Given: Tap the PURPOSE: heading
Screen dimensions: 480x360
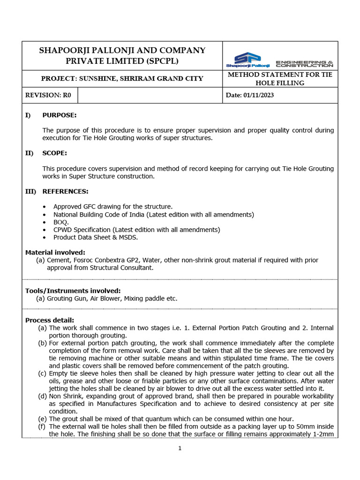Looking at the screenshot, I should [x=60, y=115].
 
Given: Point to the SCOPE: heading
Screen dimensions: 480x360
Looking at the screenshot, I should [x=54, y=153].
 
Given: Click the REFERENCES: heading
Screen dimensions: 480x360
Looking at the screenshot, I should [x=65, y=191].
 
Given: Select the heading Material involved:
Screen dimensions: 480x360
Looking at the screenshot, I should [x=55, y=252].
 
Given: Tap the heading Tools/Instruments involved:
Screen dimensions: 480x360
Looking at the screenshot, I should [x=73, y=291].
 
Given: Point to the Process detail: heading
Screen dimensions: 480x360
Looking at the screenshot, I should [x=49, y=320].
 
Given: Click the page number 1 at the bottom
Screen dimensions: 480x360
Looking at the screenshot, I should [x=180, y=448].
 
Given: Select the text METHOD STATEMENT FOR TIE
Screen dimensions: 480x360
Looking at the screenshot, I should [x=279, y=75].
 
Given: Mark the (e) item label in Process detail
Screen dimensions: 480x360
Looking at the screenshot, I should [x=43, y=419].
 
